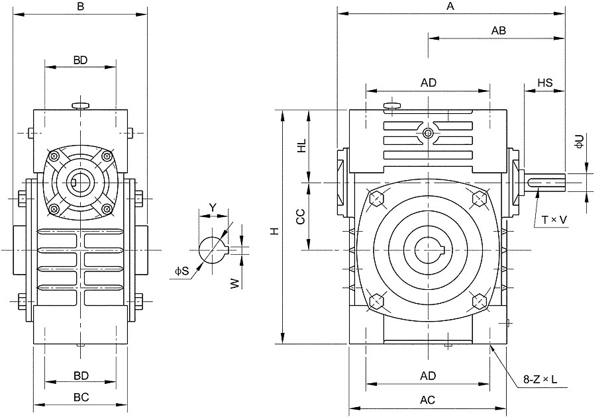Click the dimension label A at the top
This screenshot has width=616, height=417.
(x=450, y=6)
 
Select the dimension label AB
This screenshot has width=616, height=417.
(x=499, y=30)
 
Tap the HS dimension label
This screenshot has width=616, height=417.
(x=545, y=83)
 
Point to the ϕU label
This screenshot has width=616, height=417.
(x=580, y=141)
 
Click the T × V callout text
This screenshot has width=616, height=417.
(x=554, y=220)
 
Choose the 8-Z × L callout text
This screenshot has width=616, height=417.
(x=540, y=379)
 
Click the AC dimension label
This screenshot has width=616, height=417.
(x=427, y=400)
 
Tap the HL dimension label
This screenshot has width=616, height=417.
(x=301, y=146)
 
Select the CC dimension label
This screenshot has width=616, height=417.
(x=301, y=216)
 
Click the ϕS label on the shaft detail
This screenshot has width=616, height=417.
(x=182, y=271)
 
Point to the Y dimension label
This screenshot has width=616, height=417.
(x=213, y=207)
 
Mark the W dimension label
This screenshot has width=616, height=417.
(x=234, y=283)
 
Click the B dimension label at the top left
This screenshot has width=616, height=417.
(x=81, y=7)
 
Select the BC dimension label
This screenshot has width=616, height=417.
(x=81, y=397)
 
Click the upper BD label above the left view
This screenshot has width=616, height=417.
(x=80, y=60)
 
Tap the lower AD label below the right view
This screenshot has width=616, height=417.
(x=428, y=376)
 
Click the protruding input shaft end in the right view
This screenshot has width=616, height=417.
(x=545, y=183)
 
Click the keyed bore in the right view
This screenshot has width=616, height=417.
(x=428, y=250)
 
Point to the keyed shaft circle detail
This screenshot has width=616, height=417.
(x=213, y=250)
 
